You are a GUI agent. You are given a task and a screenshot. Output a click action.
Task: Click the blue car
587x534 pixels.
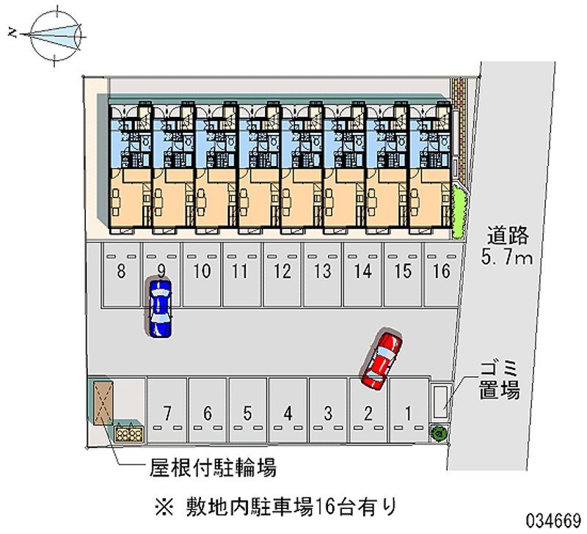tap(160, 308)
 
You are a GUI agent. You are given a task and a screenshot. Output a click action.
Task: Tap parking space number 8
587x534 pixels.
tap(120, 274)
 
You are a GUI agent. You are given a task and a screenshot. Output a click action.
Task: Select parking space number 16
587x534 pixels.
tap(442, 274)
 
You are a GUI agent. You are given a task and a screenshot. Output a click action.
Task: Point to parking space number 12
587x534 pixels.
tap(282, 274)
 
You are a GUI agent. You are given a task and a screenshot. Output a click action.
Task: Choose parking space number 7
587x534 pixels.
tap(167, 411)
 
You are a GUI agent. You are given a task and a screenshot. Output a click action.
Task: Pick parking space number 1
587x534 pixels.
tap(409, 411)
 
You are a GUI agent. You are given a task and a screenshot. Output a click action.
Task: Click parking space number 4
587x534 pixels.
tap(288, 411)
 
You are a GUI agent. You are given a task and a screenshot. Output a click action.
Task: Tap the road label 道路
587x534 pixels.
tap(508, 235)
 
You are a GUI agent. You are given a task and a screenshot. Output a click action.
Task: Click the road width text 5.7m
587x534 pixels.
tap(506, 257)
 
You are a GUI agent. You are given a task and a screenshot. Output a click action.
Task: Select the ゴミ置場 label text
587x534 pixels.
tap(500, 379)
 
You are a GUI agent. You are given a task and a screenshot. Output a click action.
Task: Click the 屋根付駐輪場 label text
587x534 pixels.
tap(213, 467)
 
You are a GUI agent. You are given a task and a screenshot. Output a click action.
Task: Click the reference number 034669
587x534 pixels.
tap(553, 521)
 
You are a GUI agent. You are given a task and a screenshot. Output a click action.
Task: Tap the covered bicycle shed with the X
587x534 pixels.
tap(103, 403)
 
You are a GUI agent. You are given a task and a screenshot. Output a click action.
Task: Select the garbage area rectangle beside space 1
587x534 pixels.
tap(441, 400)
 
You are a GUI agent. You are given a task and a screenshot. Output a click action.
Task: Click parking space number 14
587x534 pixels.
tap(362, 274)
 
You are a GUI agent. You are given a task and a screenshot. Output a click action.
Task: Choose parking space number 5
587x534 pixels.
tap(247, 411)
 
